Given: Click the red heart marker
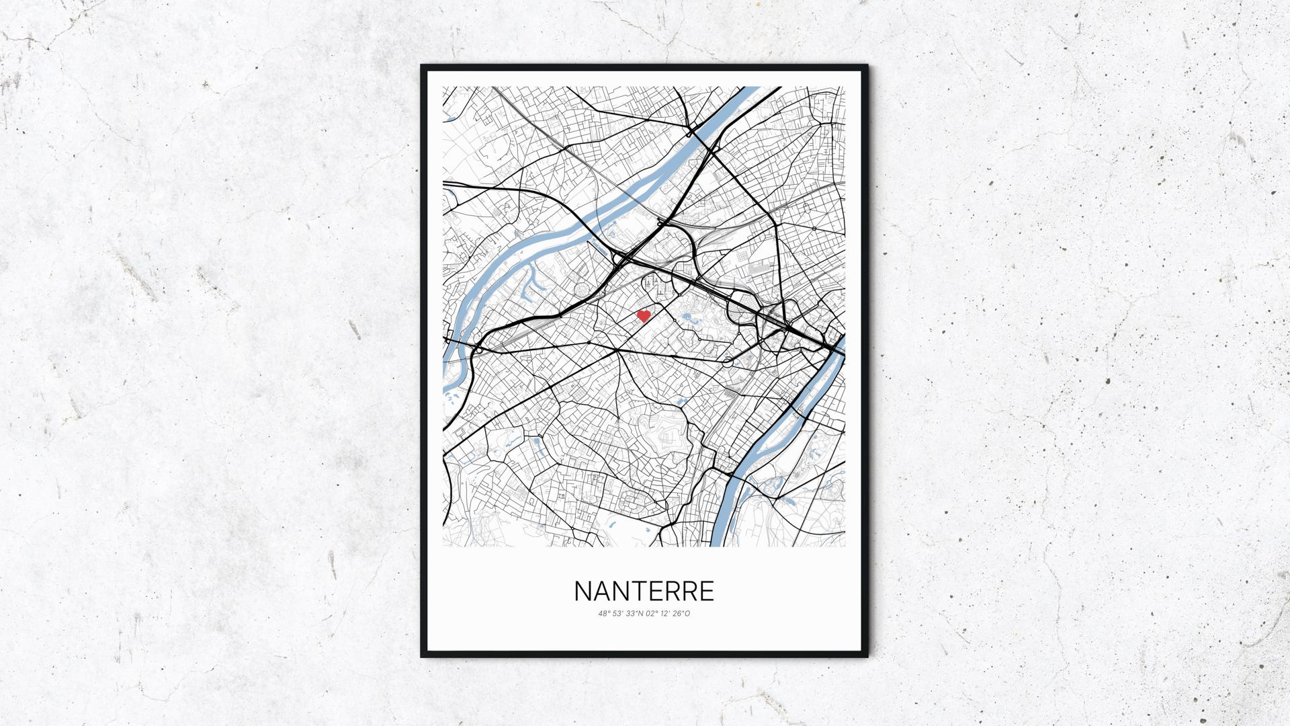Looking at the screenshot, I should [644, 315].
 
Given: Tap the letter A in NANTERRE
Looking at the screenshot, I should [601, 592].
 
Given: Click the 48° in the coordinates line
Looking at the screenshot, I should [603, 613].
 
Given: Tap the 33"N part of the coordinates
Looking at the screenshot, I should [633, 613].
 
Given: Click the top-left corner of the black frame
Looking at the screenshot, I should [423, 67].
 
